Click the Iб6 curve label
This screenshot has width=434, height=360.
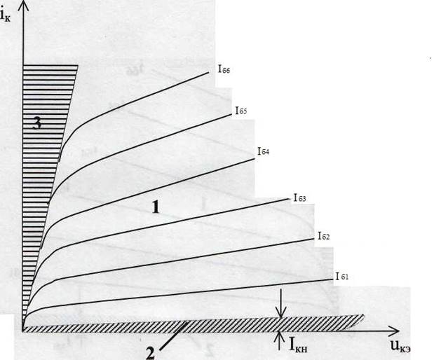(224, 69)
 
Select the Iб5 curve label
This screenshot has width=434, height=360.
(240, 111)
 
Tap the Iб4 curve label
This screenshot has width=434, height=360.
(263, 151)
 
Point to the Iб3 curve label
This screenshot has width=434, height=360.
(300, 198)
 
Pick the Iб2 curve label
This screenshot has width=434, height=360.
(323, 236)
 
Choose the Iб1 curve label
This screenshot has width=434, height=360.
(342, 276)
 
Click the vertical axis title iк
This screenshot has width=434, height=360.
(5, 15)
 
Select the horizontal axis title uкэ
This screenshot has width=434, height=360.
(400, 346)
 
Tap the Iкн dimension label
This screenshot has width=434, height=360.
(298, 345)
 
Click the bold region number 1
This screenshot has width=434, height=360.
(156, 207)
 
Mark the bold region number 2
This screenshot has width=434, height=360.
(150, 353)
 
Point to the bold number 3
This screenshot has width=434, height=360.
(37, 123)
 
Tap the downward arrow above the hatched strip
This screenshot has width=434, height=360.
(281, 303)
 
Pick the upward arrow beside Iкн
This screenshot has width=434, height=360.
(280, 340)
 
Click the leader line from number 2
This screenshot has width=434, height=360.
(173, 336)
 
